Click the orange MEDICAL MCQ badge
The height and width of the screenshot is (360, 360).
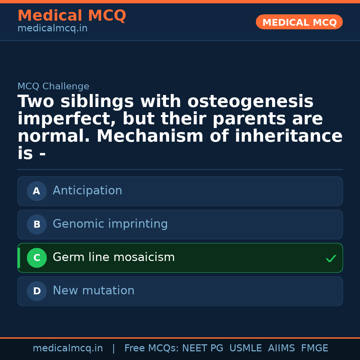(299, 22)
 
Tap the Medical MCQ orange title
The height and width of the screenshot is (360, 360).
(72, 16)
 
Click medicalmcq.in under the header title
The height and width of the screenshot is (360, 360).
(52, 29)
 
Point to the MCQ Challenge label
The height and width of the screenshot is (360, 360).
(53, 87)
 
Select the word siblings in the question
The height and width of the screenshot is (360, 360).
(97, 102)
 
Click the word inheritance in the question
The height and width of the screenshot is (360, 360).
(289, 136)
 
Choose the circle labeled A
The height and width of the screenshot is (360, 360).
(37, 191)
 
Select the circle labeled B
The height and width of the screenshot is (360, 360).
(37, 224)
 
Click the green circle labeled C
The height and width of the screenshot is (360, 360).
(37, 258)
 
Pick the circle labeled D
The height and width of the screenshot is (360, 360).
(37, 291)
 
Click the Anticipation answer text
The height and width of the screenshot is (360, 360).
(87, 191)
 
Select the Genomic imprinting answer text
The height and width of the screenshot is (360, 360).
(110, 224)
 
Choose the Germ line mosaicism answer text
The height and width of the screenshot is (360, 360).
(114, 257)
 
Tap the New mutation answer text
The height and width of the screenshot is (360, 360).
(93, 291)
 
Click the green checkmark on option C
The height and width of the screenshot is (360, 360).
(331, 258)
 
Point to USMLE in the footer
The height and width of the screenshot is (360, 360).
(246, 348)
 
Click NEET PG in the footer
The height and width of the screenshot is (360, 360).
(203, 348)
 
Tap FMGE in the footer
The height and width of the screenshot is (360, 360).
(315, 348)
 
